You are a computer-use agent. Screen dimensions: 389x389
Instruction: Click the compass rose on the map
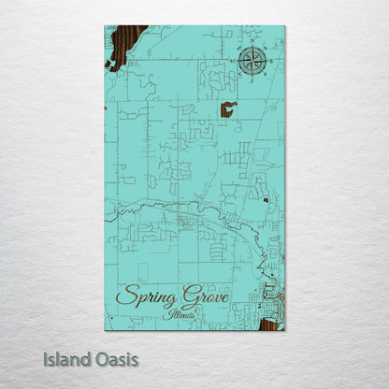(251, 61)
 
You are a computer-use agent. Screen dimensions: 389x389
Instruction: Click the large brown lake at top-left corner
(125, 45)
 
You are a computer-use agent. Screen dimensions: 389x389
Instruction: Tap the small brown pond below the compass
(227, 110)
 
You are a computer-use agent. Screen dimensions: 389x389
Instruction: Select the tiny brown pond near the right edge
(266, 199)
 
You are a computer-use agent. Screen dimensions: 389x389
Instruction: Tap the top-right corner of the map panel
(284, 26)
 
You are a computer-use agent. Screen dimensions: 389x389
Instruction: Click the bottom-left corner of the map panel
(105, 329)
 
